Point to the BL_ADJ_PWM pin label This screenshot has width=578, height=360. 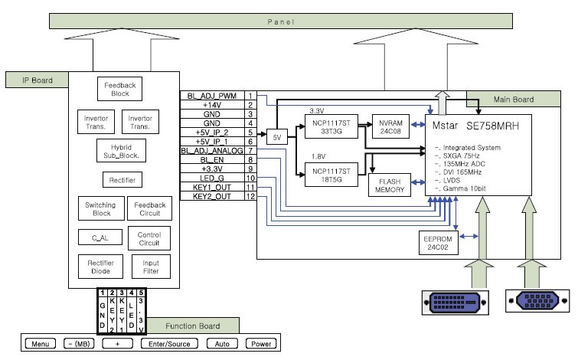(212, 96)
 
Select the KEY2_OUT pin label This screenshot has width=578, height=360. (212, 196)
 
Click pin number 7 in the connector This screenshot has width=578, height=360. (250, 151)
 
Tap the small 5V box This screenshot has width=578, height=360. (276, 139)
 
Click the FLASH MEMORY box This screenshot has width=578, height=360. (388, 186)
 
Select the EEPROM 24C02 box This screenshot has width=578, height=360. (437, 243)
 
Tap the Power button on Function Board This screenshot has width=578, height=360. (261, 343)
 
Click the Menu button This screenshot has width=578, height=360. (40, 343)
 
